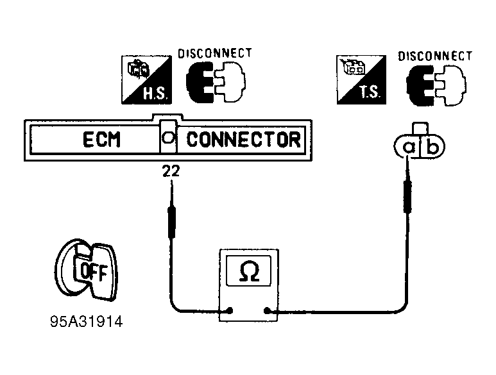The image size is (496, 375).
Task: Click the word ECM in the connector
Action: (101, 139)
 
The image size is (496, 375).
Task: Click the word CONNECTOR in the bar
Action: (244, 139)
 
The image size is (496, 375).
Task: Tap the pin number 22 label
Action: (171, 171)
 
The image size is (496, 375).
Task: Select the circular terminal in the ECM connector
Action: (167, 138)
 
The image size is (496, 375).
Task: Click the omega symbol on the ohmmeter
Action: (249, 271)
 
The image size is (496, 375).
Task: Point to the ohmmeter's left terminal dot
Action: (230, 310)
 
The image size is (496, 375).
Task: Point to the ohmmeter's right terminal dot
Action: (267, 311)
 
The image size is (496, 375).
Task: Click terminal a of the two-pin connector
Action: (409, 147)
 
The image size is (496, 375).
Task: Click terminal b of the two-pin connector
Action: (431, 147)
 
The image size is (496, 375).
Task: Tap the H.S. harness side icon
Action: (147, 80)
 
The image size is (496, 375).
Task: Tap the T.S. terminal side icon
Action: (361, 79)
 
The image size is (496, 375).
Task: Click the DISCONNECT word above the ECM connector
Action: (215, 53)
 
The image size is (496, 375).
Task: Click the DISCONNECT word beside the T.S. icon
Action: (435, 56)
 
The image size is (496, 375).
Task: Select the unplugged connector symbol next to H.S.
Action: (216, 82)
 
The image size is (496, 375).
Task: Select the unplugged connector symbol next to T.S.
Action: (436, 85)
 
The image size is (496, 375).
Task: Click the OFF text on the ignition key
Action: (94, 272)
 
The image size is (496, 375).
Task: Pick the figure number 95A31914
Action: (87, 322)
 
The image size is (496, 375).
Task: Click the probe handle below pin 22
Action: (172, 222)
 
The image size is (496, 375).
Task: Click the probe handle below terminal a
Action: (407, 196)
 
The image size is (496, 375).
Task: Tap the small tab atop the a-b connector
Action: (421, 128)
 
